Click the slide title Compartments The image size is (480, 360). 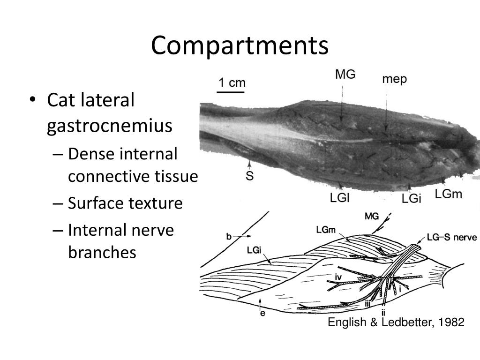click(240, 46)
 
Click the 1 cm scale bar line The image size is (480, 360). click(231, 93)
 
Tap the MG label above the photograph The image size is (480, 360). click(345, 74)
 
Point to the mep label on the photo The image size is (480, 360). click(394, 79)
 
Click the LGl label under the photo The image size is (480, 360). click(340, 198)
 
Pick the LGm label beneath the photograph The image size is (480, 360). click(449, 194)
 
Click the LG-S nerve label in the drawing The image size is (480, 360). click(451, 238)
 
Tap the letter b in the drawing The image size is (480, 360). click(229, 237)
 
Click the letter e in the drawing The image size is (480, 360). click(262, 314)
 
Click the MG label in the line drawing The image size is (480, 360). click(371, 217)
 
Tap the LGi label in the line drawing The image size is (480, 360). click(254, 250)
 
